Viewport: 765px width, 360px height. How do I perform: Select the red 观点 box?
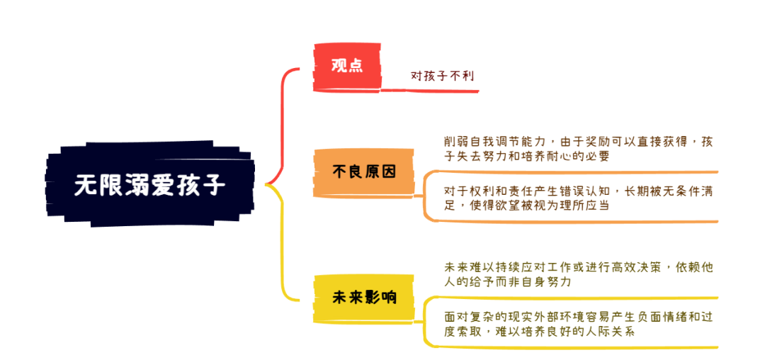tap(346, 67)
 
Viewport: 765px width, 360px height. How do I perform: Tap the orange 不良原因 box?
tap(363, 171)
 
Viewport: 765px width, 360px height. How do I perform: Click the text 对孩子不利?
tap(443, 76)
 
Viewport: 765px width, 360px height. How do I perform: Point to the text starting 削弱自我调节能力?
tap(579, 150)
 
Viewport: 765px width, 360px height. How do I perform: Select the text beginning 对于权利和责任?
tap(579, 198)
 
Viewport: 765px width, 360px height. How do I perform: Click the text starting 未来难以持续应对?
tap(579, 275)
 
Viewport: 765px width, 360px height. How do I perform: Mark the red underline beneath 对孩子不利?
tap(429, 90)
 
